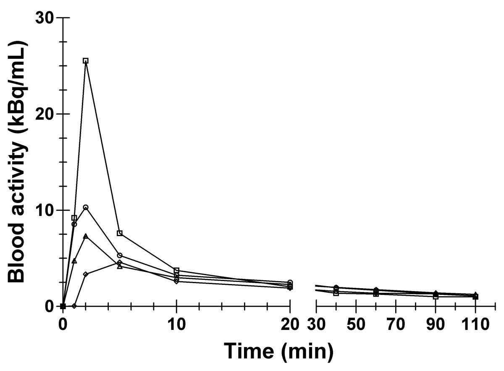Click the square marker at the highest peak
coord(86,61)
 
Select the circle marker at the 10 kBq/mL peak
coord(86,207)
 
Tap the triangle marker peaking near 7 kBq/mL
coord(86,236)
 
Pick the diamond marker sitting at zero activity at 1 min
coord(74,306)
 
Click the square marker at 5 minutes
coord(120,233)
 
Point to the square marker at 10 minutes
coord(176,270)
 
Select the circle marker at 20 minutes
coord(290,282)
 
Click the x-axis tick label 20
coord(290,324)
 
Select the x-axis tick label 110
coord(475,324)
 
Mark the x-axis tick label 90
coord(436,324)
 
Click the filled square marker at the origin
coord(63,306)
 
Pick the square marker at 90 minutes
coord(436,296)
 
